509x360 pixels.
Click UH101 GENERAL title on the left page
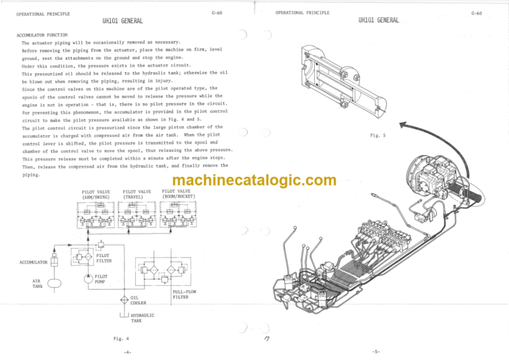tap(123, 23)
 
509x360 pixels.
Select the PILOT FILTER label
tap(103, 257)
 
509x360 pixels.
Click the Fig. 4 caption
tap(111, 337)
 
